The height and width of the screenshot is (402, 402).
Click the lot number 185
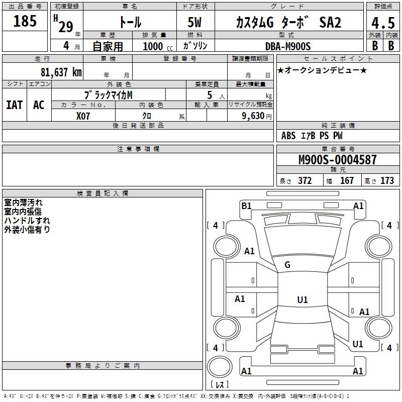pyautogui.click(x=25, y=21)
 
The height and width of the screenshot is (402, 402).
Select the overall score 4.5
pyautogui.click(x=383, y=23)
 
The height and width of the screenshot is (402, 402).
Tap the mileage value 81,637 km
pyautogui.click(x=61, y=72)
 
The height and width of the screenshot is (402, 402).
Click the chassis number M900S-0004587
pyautogui.click(x=338, y=160)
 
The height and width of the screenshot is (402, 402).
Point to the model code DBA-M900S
pyautogui.click(x=288, y=46)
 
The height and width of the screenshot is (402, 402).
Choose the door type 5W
pyautogui.click(x=194, y=22)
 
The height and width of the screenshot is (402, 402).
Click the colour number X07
pyautogui.click(x=83, y=116)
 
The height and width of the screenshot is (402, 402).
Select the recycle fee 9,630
pyautogui.click(x=253, y=116)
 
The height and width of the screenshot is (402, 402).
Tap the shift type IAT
pyautogui.click(x=15, y=105)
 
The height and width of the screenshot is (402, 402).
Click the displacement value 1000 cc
pyautogui.click(x=158, y=46)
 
